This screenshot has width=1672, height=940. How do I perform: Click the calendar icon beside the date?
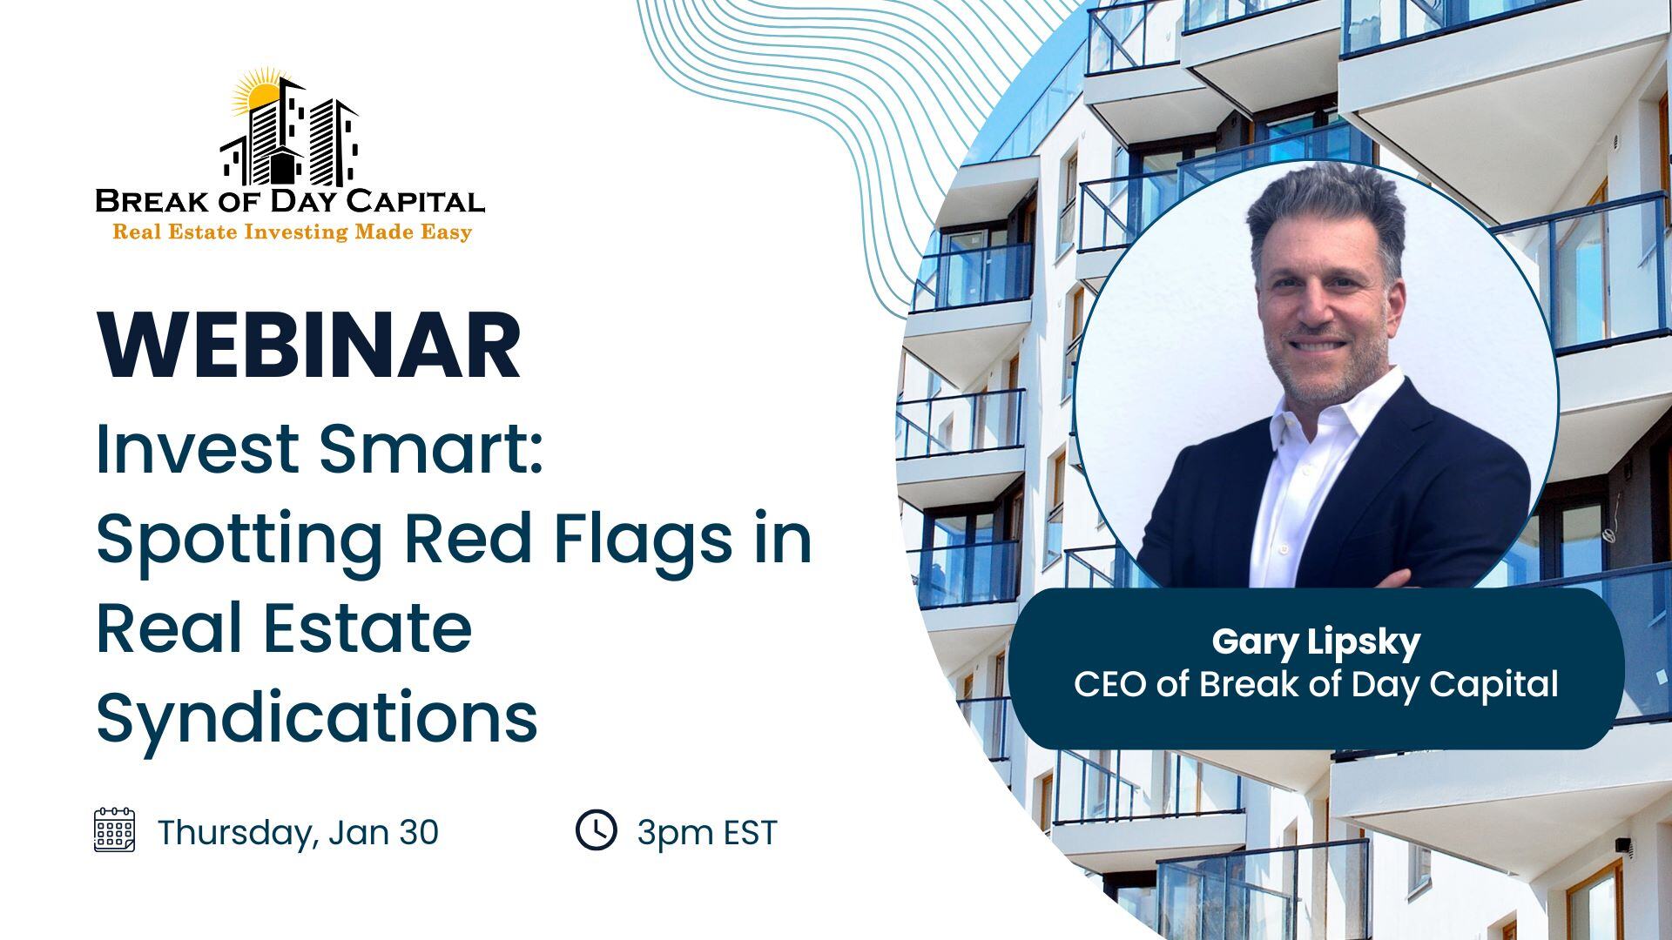[114, 829]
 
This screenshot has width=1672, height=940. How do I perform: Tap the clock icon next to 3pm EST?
[597, 829]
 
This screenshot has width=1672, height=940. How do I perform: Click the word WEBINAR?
[309, 346]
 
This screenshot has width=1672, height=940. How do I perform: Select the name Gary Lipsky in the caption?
[1316, 642]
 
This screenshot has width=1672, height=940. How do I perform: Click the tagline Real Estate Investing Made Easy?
[293, 232]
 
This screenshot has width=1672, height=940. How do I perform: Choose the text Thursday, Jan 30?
[298, 832]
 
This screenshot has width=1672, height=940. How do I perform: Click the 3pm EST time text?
[706, 833]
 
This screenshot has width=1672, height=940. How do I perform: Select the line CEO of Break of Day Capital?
[1316, 684]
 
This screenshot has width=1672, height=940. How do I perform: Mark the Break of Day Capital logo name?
[290, 201]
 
